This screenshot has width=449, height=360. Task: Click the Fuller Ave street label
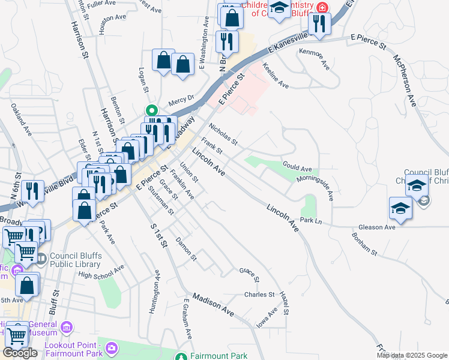coord(100,4)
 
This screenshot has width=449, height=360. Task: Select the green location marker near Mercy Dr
coord(152,110)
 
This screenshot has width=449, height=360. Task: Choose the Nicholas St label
coord(223,135)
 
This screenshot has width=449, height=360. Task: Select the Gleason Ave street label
coord(376,227)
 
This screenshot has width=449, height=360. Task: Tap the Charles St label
coord(259,295)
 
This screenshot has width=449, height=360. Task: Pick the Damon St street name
coord(186,248)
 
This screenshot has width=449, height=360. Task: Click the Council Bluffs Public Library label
coord(74,259)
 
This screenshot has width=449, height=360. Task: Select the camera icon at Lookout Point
coord(111,348)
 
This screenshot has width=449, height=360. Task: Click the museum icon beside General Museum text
coord(66,328)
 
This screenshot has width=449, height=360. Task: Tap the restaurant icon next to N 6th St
coord(32,191)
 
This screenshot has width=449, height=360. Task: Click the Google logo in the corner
coord(20,353)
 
